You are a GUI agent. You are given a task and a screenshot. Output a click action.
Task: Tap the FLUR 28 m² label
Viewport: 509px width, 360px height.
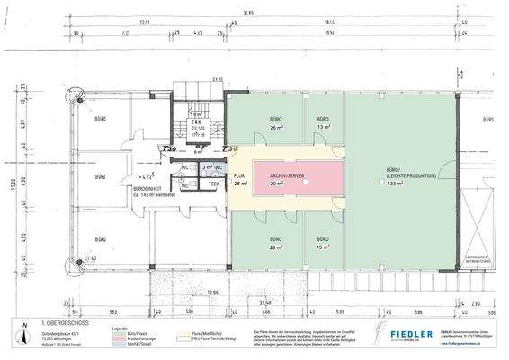[239, 179]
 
